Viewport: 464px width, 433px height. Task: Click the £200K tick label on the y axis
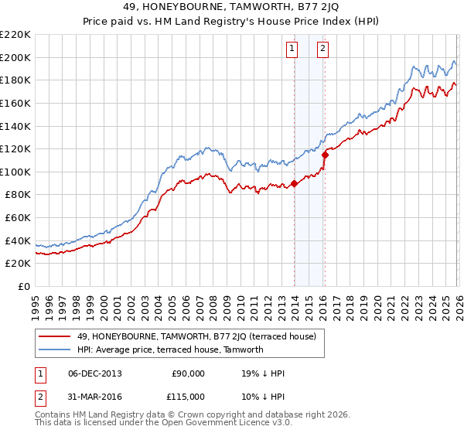point(15,57)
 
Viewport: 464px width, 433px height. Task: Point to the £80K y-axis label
point(18,195)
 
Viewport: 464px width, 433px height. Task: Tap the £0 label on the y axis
point(25,286)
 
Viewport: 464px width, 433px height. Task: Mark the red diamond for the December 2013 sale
point(295,183)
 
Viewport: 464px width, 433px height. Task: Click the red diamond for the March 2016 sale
point(325,155)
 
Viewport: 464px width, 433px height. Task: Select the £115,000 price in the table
point(187,396)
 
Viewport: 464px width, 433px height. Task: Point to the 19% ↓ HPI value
point(263,373)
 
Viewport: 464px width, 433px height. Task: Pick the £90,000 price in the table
point(187,373)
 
